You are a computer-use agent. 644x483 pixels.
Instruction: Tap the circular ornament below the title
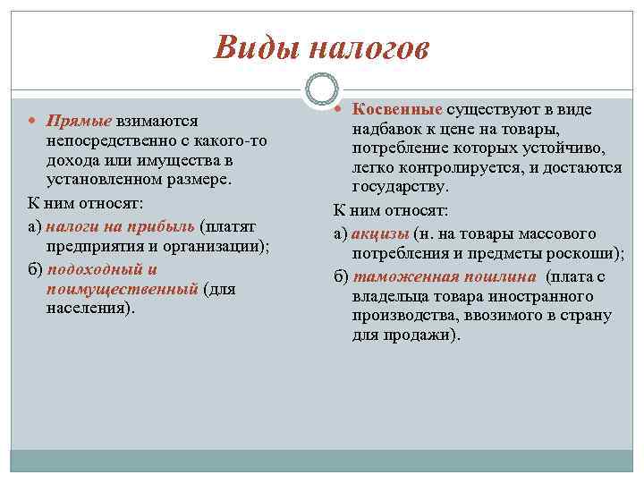tap(321, 89)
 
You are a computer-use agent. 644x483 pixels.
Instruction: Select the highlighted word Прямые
tap(79, 121)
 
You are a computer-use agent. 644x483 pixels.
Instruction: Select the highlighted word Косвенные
tap(397, 109)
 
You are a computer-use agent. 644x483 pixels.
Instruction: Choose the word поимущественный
tap(122, 289)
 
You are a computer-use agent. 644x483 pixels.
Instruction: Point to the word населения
tap(87, 308)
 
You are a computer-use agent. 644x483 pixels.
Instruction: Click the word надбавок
tap(388, 129)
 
